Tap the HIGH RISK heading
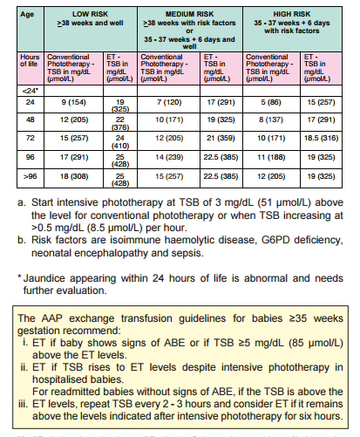click(294, 13)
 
